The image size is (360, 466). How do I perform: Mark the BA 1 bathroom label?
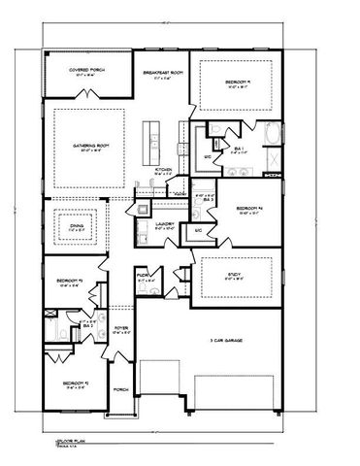(x=239, y=148)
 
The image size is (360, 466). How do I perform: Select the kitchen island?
(x=150, y=141)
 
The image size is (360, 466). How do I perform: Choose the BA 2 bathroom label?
(x=86, y=324)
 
